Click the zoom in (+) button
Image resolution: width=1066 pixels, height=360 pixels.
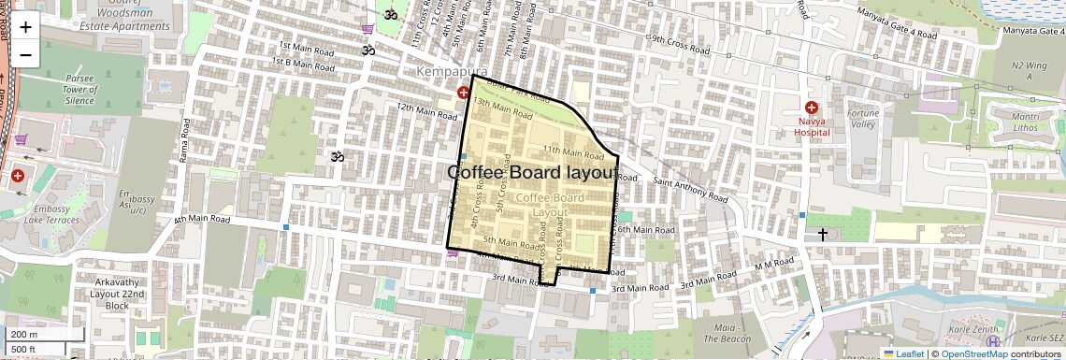pos(25,27)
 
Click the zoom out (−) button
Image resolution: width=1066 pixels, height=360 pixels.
pos(25,54)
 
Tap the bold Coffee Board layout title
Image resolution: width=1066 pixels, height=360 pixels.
pos(532,173)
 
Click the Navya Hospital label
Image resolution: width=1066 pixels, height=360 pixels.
pos(812,127)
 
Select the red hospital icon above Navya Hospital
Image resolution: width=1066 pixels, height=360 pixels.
pos(812,108)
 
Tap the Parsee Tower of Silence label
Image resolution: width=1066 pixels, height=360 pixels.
pos(67,88)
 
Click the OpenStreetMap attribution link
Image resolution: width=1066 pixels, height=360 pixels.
pos(973,353)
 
